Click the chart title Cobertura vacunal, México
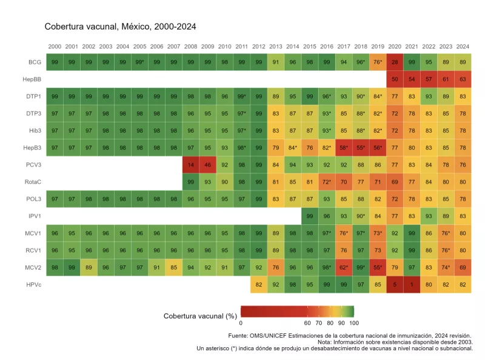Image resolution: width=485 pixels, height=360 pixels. [x=120, y=27]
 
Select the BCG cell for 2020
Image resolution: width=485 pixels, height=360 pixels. [x=395, y=62]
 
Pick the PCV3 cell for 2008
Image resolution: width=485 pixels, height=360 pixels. [x=190, y=164]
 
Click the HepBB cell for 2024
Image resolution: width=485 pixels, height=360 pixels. [x=463, y=79]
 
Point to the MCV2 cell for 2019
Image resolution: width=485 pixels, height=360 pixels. [x=378, y=266]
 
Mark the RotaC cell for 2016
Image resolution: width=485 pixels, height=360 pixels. [x=327, y=181]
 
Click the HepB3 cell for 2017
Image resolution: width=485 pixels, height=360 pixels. [x=344, y=147]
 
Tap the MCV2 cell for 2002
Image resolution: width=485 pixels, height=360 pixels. [x=89, y=266]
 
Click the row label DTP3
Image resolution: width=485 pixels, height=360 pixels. [x=35, y=113]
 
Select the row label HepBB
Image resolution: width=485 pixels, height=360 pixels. [x=35, y=79]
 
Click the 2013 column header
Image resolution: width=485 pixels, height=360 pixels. [x=276, y=47]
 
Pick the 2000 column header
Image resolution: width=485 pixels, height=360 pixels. [x=55, y=47]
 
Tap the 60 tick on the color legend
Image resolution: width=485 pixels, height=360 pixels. [x=308, y=323]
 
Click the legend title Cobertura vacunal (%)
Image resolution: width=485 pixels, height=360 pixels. [x=200, y=316]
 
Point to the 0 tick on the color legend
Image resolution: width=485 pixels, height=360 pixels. [x=241, y=323]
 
